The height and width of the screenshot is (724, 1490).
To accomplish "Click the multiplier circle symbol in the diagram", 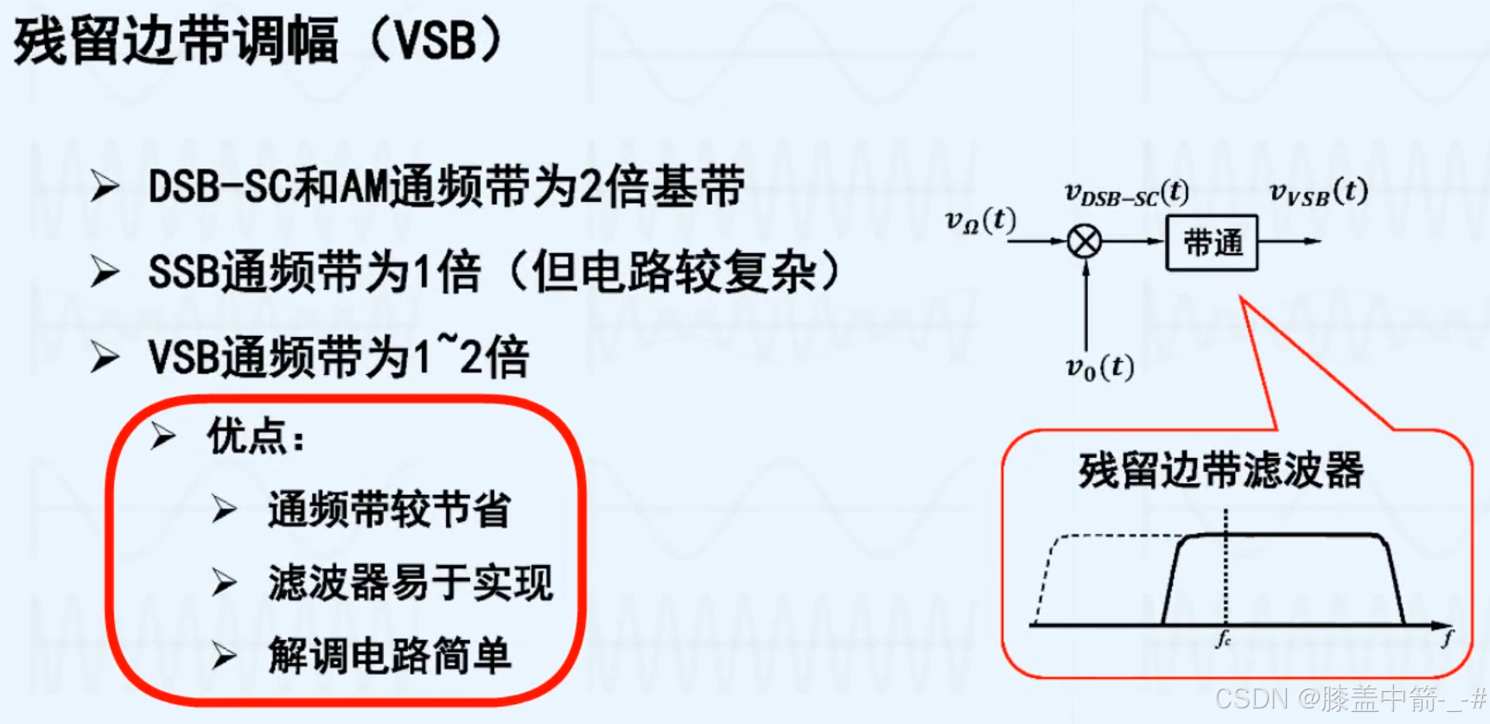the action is click(1085, 241).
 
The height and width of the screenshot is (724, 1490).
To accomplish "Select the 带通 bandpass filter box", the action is click(1212, 243).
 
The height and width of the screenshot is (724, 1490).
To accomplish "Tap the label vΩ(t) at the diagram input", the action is click(980, 220).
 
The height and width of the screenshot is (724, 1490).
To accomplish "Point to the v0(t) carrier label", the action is click(1098, 367).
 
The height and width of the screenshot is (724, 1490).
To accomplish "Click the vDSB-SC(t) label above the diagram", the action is click(1126, 194).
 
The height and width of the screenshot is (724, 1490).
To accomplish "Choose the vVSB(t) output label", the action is click(1318, 192).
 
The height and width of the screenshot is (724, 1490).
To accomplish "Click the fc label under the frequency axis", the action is click(1224, 639).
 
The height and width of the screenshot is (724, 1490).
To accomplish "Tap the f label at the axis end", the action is click(1448, 638).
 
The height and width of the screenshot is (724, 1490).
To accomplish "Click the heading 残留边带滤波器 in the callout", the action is click(1220, 471).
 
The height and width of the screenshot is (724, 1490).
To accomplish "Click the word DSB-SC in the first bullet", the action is click(220, 187).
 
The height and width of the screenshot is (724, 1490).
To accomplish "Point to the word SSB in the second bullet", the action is click(184, 272).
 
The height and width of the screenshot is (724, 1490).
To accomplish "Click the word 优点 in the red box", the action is click(247, 435).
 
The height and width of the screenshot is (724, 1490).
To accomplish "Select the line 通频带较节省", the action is click(389, 509).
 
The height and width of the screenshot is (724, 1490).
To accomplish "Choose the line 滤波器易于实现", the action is click(410, 582).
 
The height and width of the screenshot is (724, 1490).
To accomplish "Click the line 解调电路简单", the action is click(389, 656).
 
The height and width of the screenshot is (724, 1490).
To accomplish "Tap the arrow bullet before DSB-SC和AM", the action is click(105, 187).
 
